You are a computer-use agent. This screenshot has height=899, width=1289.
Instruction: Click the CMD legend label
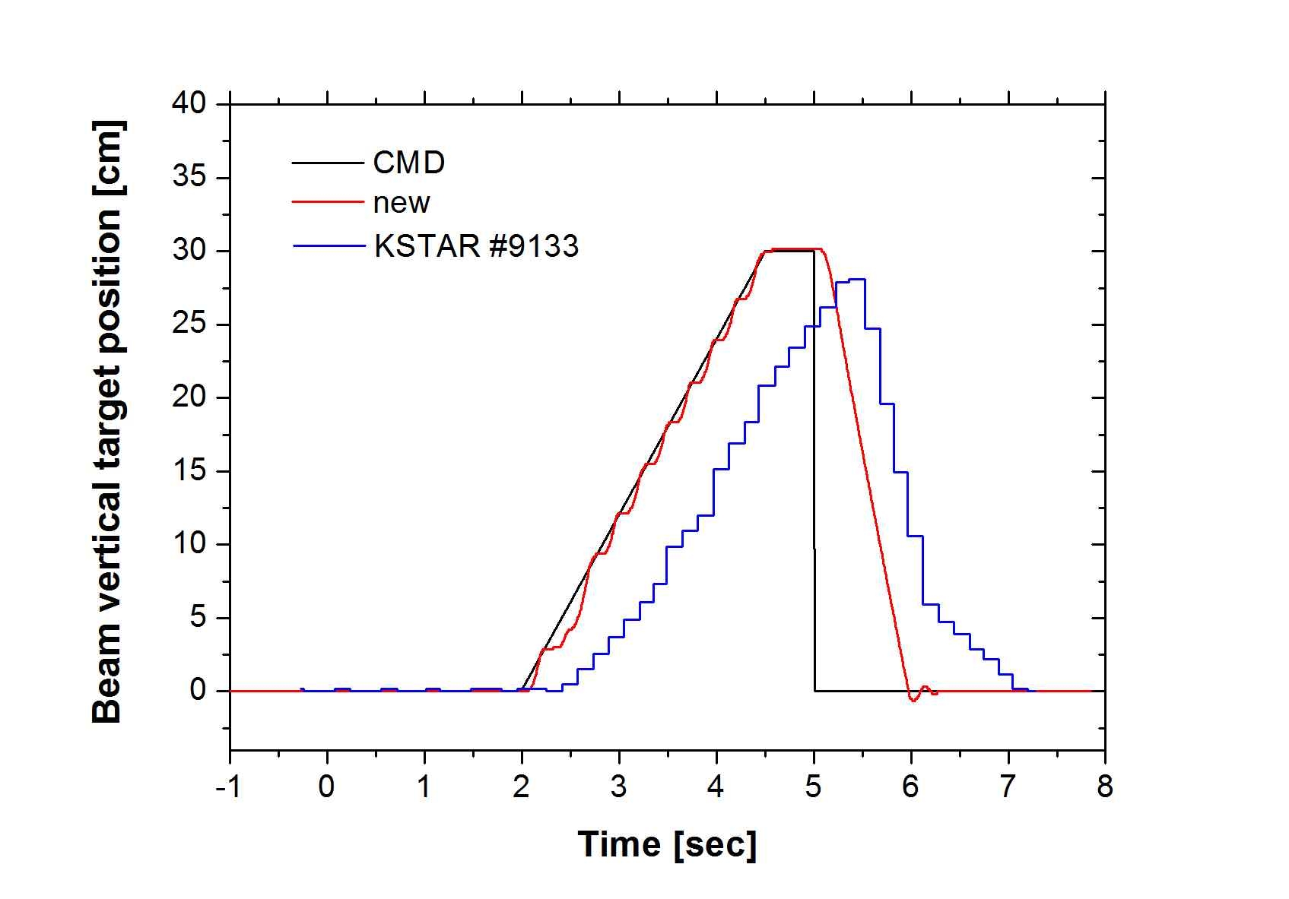[x=408, y=163]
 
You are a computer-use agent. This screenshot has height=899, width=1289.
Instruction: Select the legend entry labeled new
[x=402, y=203]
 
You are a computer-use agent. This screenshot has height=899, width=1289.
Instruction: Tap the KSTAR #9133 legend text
[x=476, y=246]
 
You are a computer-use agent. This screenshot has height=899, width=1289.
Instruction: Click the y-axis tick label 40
[x=189, y=103]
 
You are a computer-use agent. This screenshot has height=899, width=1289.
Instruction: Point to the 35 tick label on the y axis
[x=189, y=178]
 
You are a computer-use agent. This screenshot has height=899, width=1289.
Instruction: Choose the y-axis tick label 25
[x=189, y=324]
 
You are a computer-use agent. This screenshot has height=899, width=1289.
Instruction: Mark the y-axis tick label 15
[x=189, y=471]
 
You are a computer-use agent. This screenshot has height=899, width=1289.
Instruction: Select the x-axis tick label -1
[x=228, y=787]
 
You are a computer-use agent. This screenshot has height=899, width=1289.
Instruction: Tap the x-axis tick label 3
[x=619, y=787]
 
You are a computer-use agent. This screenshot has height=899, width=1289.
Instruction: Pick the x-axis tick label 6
[x=911, y=787]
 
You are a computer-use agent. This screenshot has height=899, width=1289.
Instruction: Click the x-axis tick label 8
[x=1105, y=787]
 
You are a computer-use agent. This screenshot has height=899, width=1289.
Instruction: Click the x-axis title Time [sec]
[x=667, y=845]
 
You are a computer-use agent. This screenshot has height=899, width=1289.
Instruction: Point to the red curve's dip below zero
[x=913, y=699]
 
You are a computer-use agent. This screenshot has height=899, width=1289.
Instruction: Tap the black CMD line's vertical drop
[x=814, y=471]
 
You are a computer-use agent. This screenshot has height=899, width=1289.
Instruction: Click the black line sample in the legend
[x=327, y=163]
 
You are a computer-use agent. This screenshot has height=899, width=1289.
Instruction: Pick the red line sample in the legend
[x=327, y=202]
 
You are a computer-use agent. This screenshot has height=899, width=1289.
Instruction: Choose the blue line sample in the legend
[x=327, y=245]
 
